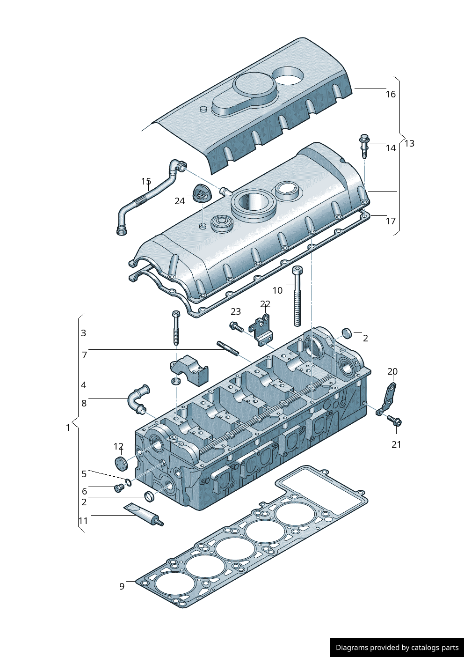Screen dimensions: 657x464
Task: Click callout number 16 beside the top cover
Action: tap(391, 94)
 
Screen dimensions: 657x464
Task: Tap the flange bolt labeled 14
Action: tap(364, 145)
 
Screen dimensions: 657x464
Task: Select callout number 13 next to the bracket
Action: tap(409, 143)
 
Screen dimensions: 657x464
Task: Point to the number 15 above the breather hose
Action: tap(146, 181)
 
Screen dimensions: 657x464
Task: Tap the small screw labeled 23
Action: tap(236, 327)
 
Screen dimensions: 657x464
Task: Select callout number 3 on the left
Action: tap(84, 333)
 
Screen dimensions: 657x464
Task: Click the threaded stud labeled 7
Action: tap(228, 349)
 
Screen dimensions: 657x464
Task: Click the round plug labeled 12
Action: tap(121, 463)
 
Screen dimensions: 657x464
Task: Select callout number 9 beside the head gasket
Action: tap(122, 586)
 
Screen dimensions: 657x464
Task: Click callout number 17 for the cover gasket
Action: tap(391, 221)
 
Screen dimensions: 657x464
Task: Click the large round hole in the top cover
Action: tap(287, 75)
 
